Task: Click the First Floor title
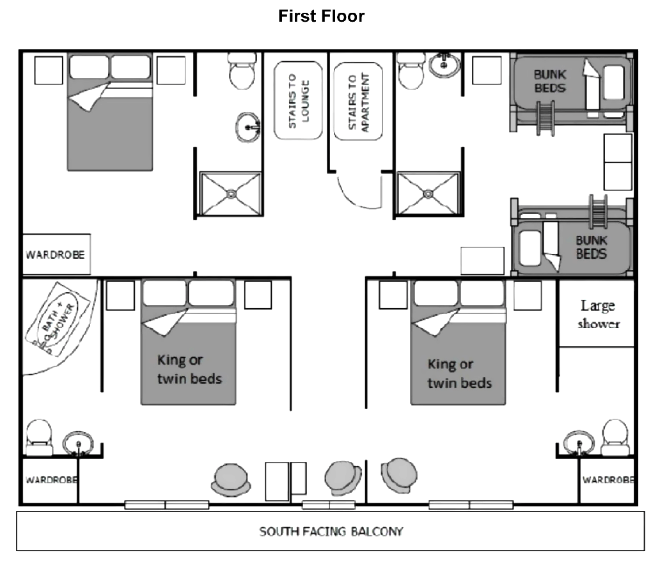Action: [x=321, y=17]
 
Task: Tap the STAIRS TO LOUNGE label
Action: [x=298, y=100]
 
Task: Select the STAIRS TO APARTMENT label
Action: [x=358, y=102]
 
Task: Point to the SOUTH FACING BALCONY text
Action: [x=331, y=531]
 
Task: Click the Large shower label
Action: [x=599, y=314]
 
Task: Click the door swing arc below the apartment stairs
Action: [x=359, y=192]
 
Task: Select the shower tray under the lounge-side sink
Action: [x=231, y=194]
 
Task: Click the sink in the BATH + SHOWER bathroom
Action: [x=78, y=442]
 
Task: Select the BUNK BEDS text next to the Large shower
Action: [x=591, y=247]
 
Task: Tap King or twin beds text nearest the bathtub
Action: [x=189, y=369]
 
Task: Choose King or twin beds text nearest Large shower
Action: [x=459, y=373]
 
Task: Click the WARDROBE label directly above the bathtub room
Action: [x=55, y=254]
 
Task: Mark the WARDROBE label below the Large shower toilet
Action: [x=608, y=479]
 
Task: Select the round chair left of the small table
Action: [x=231, y=478]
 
